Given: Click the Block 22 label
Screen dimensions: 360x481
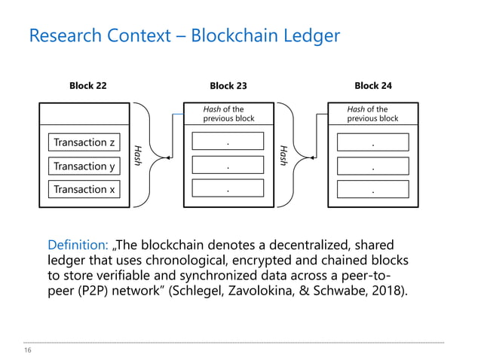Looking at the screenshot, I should pos(87,86).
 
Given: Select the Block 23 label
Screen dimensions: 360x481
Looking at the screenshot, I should pos(228,86).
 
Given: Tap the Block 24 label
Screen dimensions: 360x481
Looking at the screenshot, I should pos(372,86).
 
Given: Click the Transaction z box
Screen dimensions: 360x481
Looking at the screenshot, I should pos(84,142).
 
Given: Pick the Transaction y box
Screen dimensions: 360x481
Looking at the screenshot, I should pos(84,166).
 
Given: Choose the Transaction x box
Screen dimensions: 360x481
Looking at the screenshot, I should pos(84,189).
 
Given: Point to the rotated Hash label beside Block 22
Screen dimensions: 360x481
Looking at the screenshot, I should pos(137,154).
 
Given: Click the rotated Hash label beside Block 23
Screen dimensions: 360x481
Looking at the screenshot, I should pos(283,155).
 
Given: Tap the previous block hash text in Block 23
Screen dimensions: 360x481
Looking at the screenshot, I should pos(228,114).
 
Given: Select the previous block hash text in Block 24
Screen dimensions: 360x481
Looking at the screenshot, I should pos(372,114).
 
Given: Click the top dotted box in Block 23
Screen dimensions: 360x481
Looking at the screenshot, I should pos(228,142).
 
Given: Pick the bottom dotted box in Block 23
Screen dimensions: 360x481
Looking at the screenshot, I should pos(228,189).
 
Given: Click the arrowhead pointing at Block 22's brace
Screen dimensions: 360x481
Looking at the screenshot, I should pos(168,158).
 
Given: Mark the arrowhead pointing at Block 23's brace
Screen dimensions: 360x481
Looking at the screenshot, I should pos(312,158).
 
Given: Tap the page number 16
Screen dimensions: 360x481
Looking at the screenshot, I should pos(28,351).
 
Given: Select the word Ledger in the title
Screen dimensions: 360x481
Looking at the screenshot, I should pos(308,35).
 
